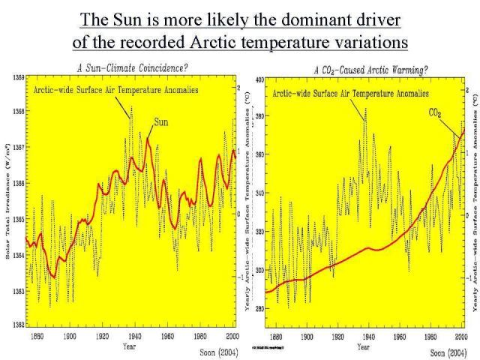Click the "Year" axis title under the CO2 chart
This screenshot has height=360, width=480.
[x=363, y=346]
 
